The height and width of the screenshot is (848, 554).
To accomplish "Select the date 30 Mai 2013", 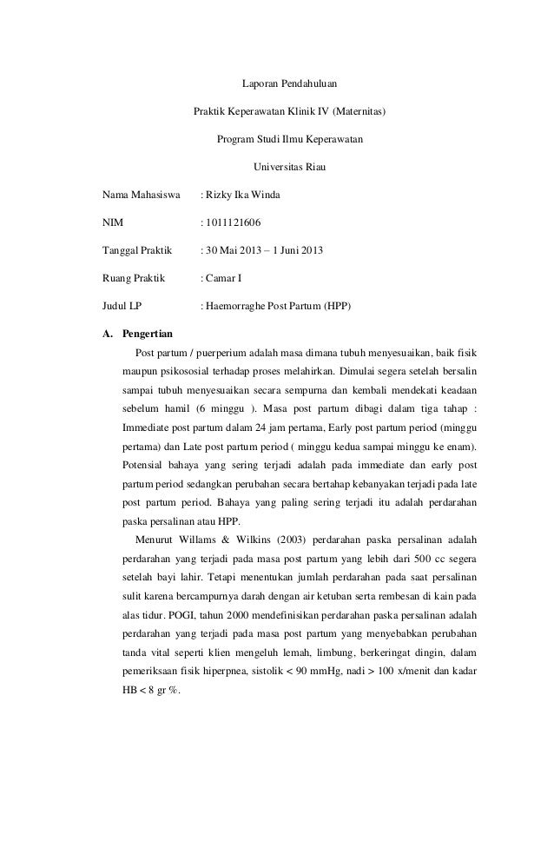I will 232,250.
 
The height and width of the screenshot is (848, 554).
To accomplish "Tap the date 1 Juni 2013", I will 299,250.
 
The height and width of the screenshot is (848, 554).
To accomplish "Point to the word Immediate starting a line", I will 149,429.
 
